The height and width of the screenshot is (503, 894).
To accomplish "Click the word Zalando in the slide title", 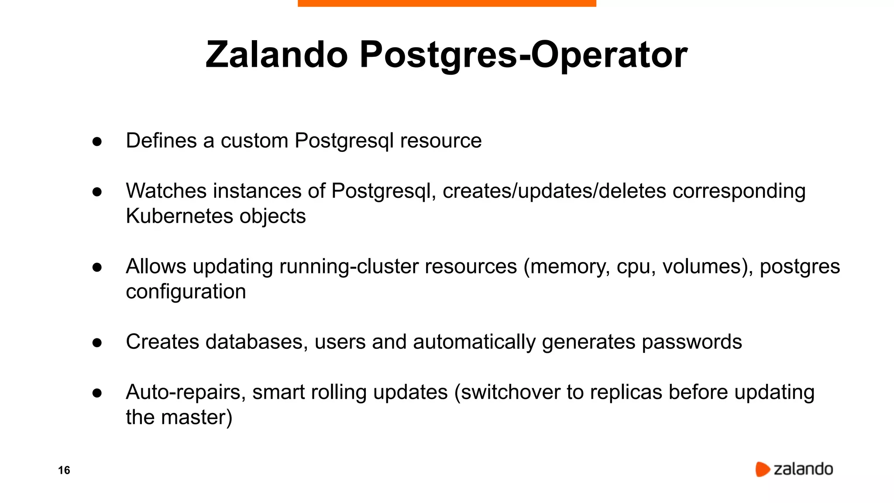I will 276,55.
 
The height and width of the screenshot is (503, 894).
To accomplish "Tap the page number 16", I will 64,470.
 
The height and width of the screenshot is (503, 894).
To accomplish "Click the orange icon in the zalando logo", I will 762,469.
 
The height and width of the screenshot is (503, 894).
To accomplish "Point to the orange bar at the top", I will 447,3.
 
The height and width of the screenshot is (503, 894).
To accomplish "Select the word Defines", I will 161,141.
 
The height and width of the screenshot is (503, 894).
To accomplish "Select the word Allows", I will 156,266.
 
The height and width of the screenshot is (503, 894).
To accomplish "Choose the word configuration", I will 186,292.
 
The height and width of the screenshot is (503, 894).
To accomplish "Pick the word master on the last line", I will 193,417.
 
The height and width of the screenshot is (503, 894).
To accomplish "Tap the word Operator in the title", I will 609,55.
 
